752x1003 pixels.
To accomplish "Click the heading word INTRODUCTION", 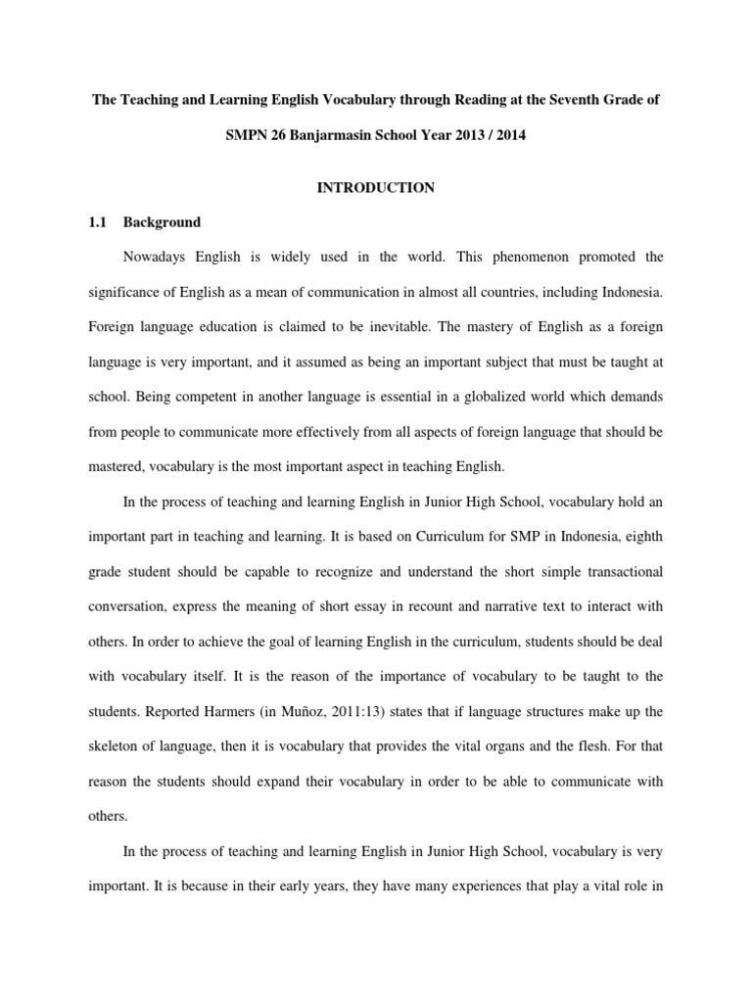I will coord(375,187).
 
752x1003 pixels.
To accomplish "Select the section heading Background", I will coord(162,222).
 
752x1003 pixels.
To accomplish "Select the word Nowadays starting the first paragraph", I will coord(159,258).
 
